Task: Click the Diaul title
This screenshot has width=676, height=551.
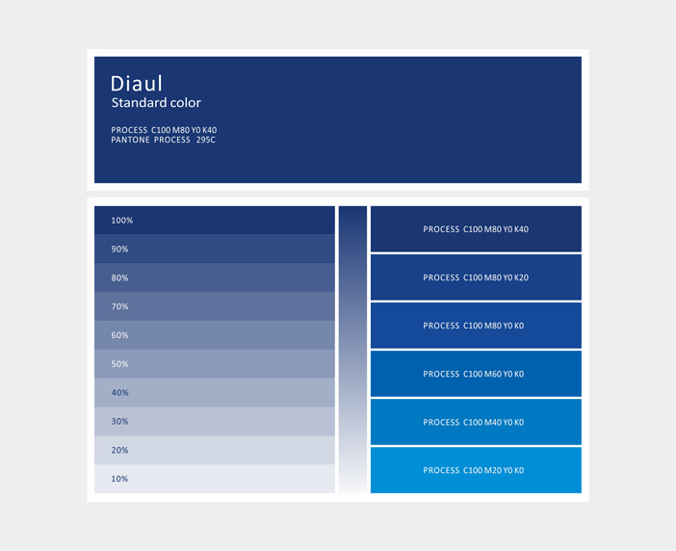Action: click(136, 84)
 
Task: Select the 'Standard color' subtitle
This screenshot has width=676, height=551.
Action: click(156, 103)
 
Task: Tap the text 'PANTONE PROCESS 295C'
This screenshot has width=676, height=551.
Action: click(163, 140)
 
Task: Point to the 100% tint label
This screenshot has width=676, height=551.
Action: click(122, 221)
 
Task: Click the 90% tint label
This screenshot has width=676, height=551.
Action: click(119, 249)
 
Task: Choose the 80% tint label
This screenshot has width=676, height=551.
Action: click(119, 277)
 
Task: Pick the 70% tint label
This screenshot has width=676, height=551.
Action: click(119, 306)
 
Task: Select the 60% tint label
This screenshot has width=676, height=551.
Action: click(119, 335)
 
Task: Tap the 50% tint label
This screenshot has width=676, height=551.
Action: click(119, 364)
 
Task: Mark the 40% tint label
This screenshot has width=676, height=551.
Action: click(119, 393)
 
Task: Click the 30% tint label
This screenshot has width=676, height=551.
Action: click(119, 421)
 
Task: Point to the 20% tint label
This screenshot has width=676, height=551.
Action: click(119, 450)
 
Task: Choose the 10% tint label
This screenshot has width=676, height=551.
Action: click(119, 479)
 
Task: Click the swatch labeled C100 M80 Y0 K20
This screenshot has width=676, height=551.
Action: click(476, 277)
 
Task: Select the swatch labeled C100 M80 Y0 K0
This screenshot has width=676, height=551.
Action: click(476, 326)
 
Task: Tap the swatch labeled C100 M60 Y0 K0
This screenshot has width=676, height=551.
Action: click(476, 374)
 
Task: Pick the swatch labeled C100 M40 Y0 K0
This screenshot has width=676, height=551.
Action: click(476, 422)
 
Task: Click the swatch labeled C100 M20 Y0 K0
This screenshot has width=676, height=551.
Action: click(476, 470)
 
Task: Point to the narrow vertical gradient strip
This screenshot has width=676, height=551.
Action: click(352, 350)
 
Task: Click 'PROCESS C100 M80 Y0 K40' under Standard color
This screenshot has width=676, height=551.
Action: click(164, 130)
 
